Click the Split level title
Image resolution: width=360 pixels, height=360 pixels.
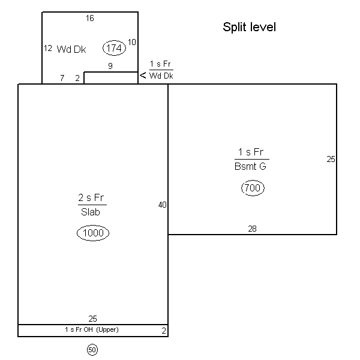click(x=249, y=28)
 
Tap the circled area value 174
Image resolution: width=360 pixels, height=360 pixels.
click(x=114, y=48)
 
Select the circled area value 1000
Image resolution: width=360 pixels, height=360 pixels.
click(x=93, y=233)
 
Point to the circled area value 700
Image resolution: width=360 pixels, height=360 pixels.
click(x=253, y=188)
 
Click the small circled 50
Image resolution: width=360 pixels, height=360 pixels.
click(x=92, y=350)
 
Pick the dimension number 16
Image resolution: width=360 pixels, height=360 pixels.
click(x=90, y=18)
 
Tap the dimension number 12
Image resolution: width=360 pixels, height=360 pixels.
click(x=48, y=48)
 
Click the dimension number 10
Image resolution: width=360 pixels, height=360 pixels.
click(x=132, y=42)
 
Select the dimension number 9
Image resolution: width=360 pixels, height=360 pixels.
click(x=110, y=66)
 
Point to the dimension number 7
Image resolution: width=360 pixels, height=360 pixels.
click(x=62, y=78)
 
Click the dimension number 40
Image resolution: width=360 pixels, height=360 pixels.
click(x=163, y=205)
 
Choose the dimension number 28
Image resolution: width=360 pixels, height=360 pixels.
click(x=252, y=229)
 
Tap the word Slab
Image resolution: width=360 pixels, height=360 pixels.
click(x=91, y=212)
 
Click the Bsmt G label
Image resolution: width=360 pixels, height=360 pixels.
click(x=250, y=166)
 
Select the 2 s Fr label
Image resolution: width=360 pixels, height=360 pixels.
click(x=91, y=197)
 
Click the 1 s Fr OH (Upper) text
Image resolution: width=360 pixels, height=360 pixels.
click(x=92, y=329)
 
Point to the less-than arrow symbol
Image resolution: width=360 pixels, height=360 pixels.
click(x=143, y=75)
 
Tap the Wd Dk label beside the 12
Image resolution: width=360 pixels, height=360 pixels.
click(x=71, y=49)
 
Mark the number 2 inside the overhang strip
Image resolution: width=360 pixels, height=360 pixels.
click(x=164, y=331)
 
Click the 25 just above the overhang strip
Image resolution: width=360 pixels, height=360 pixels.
click(x=93, y=319)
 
